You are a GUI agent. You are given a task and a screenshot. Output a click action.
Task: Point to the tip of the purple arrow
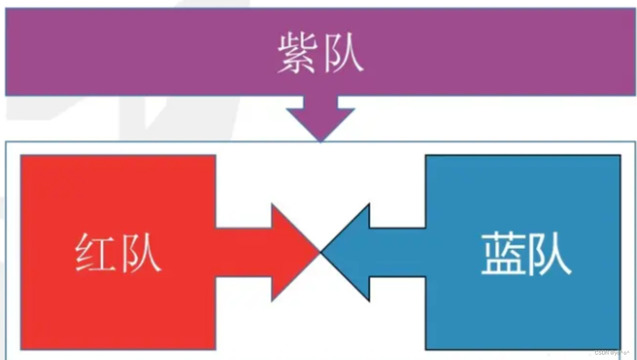click(320, 140)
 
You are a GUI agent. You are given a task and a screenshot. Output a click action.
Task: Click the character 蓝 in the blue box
click(503, 254)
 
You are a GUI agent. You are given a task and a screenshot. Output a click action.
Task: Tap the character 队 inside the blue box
click(550, 254)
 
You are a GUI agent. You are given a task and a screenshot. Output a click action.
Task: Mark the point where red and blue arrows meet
click(320, 252)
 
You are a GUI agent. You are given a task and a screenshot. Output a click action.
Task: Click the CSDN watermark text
click(614, 352)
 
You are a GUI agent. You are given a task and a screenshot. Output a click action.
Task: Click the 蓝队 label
click(526, 254)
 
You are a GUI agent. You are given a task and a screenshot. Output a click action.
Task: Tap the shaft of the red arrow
click(243, 252)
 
